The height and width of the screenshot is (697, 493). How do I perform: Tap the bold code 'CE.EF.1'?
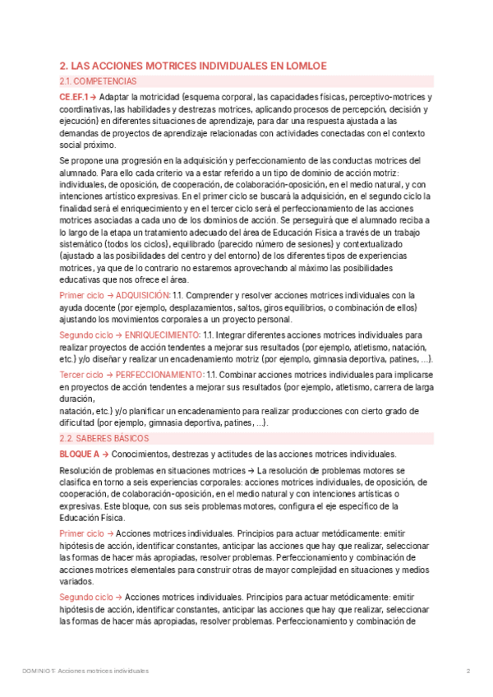point(75,97)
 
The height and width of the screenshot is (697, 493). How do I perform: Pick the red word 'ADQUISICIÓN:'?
point(143,295)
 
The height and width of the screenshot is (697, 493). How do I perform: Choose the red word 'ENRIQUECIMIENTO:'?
point(160,335)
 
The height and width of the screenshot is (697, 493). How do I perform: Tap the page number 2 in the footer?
point(468,671)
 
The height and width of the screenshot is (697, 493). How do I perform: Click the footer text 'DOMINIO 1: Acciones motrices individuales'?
point(85,671)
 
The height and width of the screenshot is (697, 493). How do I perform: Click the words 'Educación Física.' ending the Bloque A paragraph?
point(92,518)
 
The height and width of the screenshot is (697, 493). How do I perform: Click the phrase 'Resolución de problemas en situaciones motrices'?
point(146,470)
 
